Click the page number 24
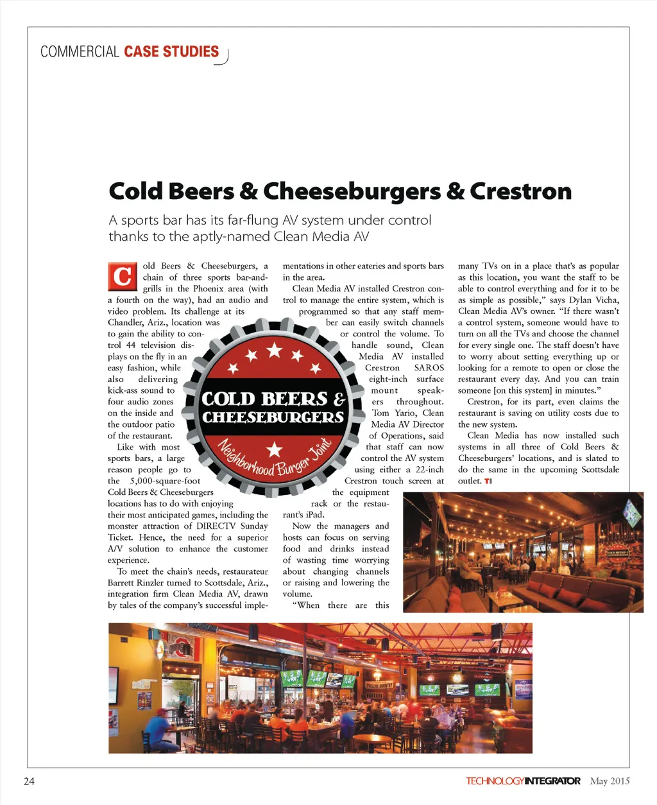click(x=29, y=781)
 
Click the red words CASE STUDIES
click(x=171, y=52)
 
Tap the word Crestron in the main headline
click(x=520, y=191)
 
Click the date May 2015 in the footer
click(x=610, y=781)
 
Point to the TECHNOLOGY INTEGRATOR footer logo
click(x=523, y=781)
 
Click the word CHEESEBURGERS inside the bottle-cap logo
click(x=273, y=417)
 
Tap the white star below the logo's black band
click(x=274, y=449)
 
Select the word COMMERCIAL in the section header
click(x=80, y=52)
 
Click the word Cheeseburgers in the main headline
click(x=352, y=191)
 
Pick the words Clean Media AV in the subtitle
click(x=321, y=236)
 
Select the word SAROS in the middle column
click(x=429, y=368)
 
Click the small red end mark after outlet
click(x=488, y=481)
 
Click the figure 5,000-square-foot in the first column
click(x=165, y=481)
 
